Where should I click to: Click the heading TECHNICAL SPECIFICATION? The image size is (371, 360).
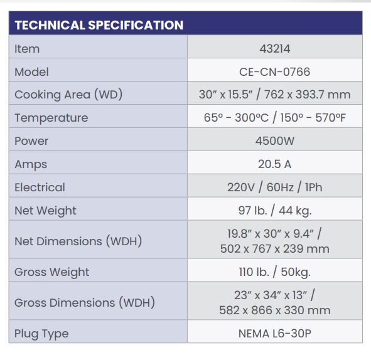pos(99,25)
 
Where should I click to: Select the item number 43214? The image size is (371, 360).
pos(275,49)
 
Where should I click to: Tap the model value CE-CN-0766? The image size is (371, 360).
pos(275,72)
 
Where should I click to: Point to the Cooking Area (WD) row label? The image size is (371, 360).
pos(68,95)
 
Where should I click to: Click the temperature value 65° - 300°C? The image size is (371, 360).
pos(236,117)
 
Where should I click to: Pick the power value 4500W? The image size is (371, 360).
pos(275,141)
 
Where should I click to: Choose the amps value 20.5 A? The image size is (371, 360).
pos(275,164)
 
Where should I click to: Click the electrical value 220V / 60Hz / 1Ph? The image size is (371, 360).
pos(275,187)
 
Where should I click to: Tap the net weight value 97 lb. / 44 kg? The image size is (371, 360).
pos(275,211)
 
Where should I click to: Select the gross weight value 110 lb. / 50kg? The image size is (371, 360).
pos(275,272)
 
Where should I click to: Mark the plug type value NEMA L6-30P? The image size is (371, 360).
pos(275,334)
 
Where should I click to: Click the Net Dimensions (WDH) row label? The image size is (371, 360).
pos(78,241)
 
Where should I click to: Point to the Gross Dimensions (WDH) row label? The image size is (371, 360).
pos(85,303)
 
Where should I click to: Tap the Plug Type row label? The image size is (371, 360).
pos(41,334)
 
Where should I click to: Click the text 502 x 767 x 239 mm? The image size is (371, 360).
pos(275,249)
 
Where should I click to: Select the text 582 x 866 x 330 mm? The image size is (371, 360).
pos(275,310)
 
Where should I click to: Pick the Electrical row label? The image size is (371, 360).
pos(40,188)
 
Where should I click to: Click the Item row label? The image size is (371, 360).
pos(27,49)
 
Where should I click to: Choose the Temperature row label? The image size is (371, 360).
pos(51,118)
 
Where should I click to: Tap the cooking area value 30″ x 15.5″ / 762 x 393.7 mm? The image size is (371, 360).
pos(275,95)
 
